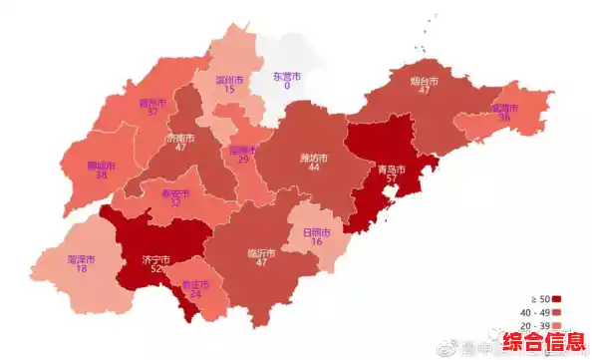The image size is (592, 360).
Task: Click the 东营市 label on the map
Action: click(x=287, y=76)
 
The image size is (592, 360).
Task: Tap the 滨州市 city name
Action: click(x=229, y=79)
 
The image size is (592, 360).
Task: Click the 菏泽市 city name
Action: click(x=82, y=258)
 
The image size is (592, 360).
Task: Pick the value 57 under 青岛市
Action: click(x=391, y=181)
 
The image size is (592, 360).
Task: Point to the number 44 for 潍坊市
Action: click(x=314, y=168)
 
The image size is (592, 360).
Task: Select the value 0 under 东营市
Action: click(x=287, y=87)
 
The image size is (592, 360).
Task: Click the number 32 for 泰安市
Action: click(x=175, y=202)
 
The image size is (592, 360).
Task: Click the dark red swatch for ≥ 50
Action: click(x=557, y=298)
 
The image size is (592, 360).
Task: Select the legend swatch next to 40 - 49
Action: click(x=557, y=312)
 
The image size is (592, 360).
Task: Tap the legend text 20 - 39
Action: click(x=534, y=326)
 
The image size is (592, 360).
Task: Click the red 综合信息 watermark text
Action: click(x=544, y=343)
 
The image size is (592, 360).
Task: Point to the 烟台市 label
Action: click(x=425, y=81)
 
